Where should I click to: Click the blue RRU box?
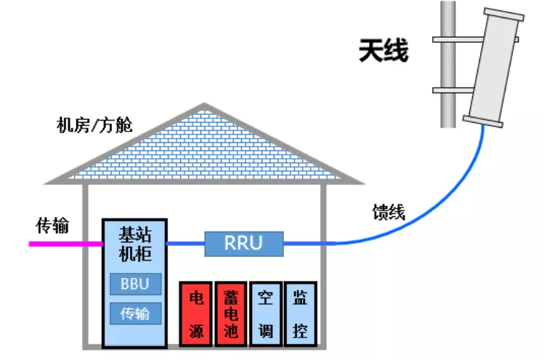coord(243,243)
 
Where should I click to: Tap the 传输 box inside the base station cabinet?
coord(135,314)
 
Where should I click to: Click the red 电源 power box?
coord(195,314)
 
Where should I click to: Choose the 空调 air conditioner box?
coord(265,314)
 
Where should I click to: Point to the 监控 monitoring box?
coord(300,314)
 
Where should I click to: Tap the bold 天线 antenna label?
coord(383,52)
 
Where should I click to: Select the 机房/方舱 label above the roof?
coord(94,125)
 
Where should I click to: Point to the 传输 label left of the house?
coord(52,226)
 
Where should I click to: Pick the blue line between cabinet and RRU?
coord(186,244)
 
